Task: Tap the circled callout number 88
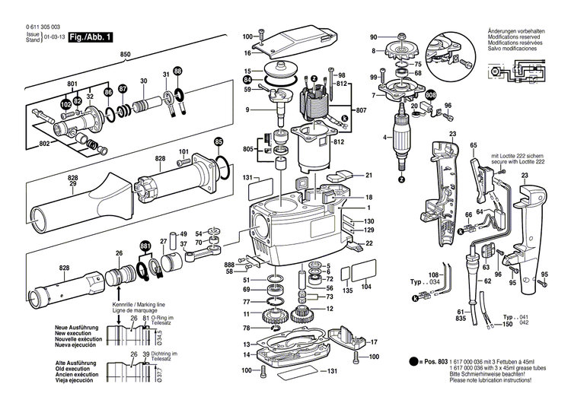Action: click(x=177, y=71)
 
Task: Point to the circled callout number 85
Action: click(x=219, y=141)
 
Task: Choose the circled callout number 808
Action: click(x=432, y=95)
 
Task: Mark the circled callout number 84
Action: click(x=247, y=79)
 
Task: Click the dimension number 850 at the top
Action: click(x=126, y=55)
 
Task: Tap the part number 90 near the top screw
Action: click(x=374, y=37)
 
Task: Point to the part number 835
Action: click(x=461, y=319)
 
